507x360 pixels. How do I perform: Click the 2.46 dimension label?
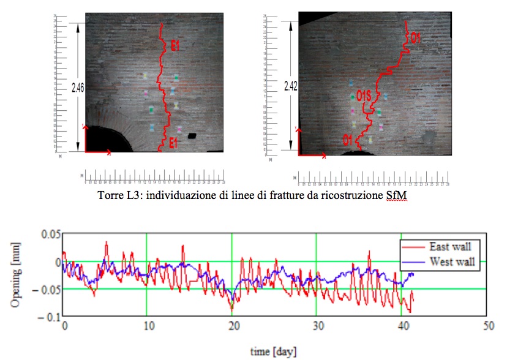[x=78, y=88]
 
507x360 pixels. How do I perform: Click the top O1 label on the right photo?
[x=415, y=39]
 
